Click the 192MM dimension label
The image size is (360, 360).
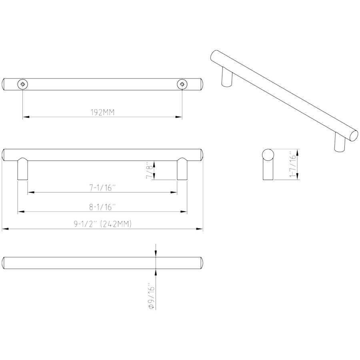point(102,112)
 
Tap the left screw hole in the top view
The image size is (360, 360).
point(22,84)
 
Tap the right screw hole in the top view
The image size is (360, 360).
point(182,84)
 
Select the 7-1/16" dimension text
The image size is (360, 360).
point(102,188)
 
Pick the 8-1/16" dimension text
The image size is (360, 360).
point(102,207)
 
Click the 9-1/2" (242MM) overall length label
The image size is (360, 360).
point(103,224)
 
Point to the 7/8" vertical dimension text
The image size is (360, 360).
point(149,170)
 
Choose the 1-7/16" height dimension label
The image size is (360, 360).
point(293,164)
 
